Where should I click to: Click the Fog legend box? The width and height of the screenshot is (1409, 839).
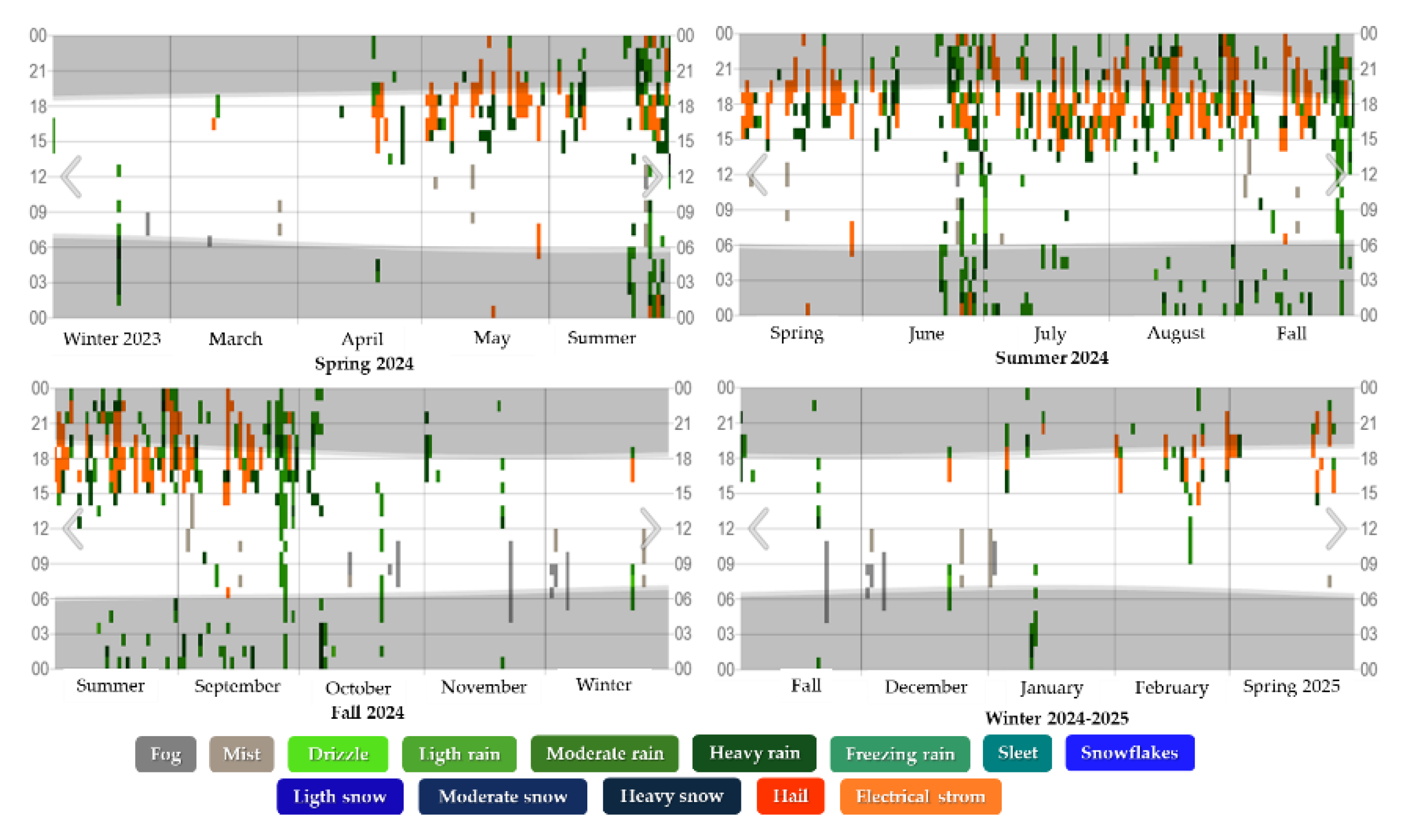166,753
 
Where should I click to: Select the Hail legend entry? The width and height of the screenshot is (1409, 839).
790,796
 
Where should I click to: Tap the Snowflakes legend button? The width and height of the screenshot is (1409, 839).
1129,753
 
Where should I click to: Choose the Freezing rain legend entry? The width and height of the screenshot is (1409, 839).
900,753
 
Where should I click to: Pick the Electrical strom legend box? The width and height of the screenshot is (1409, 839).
920,796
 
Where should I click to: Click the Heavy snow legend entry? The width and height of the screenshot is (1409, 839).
671,796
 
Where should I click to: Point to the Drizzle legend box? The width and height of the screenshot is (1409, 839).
338,753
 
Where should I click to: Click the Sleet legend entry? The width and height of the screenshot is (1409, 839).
1017,753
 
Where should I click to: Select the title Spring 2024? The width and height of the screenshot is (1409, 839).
364,363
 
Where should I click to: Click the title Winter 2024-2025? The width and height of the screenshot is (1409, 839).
1056,718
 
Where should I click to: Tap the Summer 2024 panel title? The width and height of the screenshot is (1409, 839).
1052,358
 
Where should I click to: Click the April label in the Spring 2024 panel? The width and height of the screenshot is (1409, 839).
362,339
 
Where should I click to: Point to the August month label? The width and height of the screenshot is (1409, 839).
1175,333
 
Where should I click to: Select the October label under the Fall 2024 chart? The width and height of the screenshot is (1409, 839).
358,688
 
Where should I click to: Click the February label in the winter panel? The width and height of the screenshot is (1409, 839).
1171,687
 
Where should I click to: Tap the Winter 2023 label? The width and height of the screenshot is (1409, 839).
112,339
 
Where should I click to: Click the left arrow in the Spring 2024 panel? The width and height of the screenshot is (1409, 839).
72,176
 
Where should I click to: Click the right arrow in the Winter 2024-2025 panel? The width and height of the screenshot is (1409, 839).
1336,528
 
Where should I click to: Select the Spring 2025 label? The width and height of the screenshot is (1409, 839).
1291,686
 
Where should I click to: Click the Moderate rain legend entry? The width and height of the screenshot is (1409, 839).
605,753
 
